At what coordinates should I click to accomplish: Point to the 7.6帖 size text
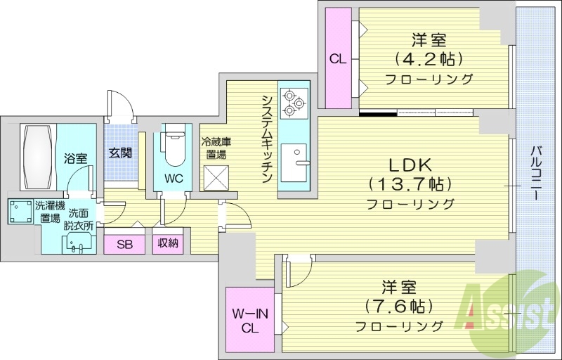pos(399,307)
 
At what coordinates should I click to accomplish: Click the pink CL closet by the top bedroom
pos(338,59)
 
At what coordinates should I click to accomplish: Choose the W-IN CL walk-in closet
pos(249,320)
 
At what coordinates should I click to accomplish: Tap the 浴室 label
pos(75,158)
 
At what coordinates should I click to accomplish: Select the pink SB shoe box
pos(124,244)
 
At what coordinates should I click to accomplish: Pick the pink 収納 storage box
pos(167,244)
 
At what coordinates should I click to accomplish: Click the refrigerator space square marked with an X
pos(215,175)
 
